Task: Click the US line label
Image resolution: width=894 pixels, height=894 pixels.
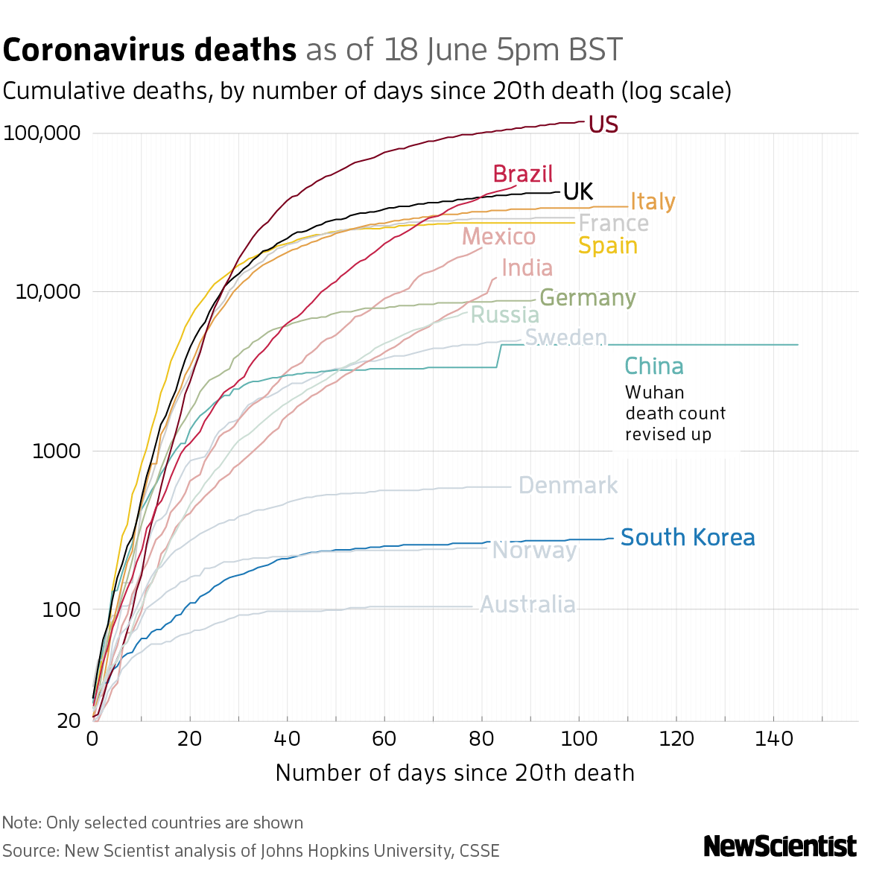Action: point(603,124)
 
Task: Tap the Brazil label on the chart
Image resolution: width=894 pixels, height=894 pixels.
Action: point(523,174)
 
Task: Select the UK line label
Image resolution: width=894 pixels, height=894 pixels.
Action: point(578,192)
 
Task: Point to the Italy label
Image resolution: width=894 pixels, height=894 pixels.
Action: point(653,202)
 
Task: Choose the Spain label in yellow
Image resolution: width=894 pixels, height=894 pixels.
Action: point(608,246)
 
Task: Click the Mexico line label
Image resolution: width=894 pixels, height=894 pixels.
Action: point(498,237)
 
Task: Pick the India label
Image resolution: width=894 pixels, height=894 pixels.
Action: point(527,268)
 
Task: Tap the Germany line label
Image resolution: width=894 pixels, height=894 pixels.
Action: point(587,298)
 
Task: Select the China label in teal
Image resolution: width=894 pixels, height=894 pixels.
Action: point(653,367)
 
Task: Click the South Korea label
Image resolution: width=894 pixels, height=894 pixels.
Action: point(688,538)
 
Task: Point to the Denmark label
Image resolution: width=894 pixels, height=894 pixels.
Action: point(568,486)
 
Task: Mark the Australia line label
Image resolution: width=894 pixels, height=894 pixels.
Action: point(527,604)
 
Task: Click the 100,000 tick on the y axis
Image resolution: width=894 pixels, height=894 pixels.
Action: point(42,134)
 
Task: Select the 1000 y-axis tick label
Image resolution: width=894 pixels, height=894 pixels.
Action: point(51,451)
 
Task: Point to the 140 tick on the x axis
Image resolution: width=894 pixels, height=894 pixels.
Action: point(773,739)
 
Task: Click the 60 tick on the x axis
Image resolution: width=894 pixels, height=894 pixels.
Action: point(384,739)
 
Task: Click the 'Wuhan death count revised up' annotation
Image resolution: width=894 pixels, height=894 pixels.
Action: point(675,413)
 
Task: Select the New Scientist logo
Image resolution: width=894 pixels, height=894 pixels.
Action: point(780,846)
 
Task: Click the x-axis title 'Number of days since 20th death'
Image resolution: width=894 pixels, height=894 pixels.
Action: point(454,773)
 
